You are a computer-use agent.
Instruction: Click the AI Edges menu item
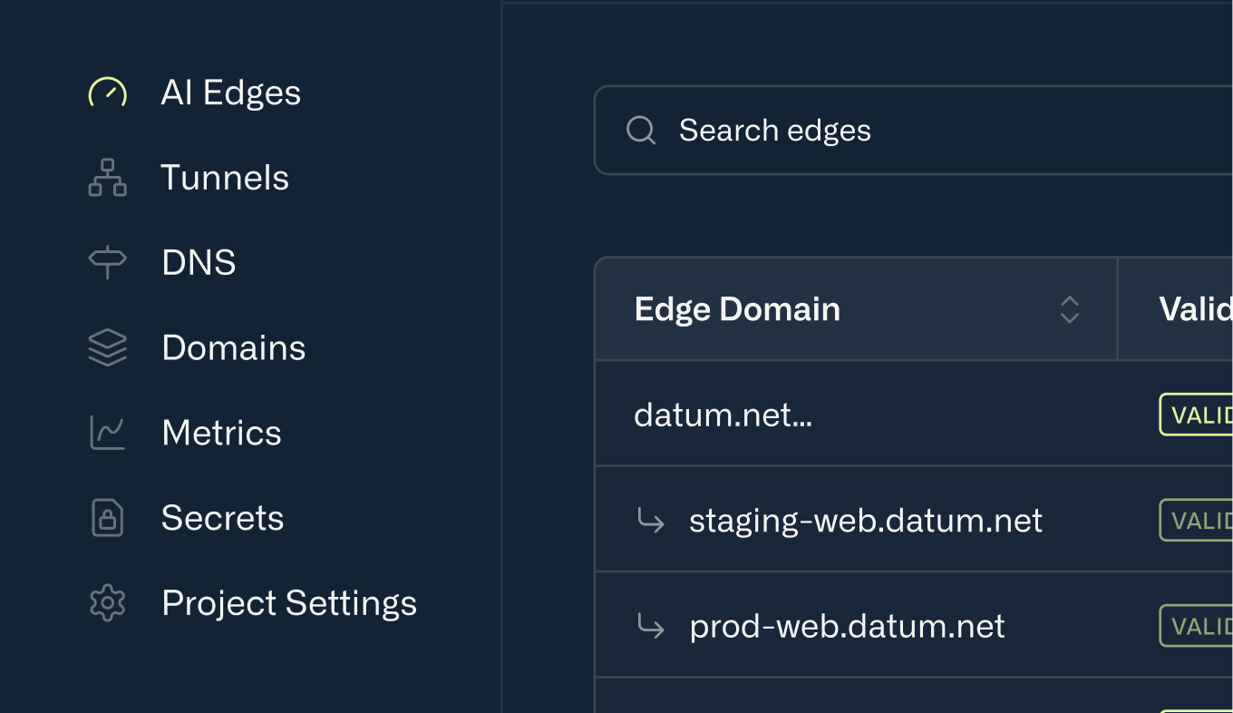tap(230, 93)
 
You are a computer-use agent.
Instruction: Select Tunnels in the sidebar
tap(225, 177)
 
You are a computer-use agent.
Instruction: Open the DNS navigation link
tap(199, 262)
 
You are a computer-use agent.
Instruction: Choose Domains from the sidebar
tap(233, 347)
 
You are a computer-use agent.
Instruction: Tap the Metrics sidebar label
tap(221, 432)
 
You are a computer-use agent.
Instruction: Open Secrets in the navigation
tap(222, 518)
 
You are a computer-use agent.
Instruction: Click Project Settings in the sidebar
tap(289, 603)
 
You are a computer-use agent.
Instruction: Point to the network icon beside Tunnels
tap(107, 177)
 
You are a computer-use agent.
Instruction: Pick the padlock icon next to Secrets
tap(107, 518)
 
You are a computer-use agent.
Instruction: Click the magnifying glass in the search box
tap(640, 130)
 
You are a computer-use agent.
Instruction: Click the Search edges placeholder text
tap(775, 131)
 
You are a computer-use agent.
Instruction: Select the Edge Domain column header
tap(737, 309)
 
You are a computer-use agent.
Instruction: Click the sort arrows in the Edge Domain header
tap(1070, 309)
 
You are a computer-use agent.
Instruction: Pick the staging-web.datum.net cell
tap(866, 521)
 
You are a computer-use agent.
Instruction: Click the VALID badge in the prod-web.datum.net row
tap(1196, 626)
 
